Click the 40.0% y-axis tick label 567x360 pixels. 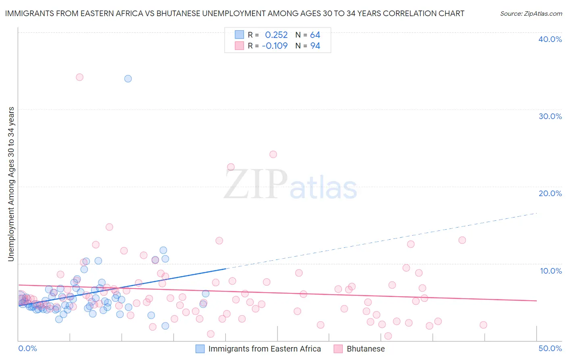pos(550,39)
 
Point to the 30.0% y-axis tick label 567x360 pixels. pos(550,116)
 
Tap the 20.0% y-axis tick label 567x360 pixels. pos(550,193)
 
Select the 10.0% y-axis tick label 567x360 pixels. pos(551,271)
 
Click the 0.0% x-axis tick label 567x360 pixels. pos(27,348)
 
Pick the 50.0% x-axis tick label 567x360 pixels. pos(550,348)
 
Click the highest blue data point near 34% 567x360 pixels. pos(128,79)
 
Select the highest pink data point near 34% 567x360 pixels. pos(79,77)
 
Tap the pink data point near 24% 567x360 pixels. pos(273,154)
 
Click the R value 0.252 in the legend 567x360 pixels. pos(276,35)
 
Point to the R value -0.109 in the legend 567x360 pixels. pos(275,46)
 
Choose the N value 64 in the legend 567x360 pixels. pos(315,35)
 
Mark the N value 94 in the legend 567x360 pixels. pos(315,46)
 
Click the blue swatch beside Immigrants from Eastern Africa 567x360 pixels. pos(200,349)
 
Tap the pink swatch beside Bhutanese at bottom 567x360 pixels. pos(338,349)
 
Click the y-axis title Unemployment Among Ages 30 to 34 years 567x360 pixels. pos(11,184)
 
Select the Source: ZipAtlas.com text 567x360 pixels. pos(531,13)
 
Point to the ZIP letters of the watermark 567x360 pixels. pos(256,184)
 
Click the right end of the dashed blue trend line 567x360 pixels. pos(536,213)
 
